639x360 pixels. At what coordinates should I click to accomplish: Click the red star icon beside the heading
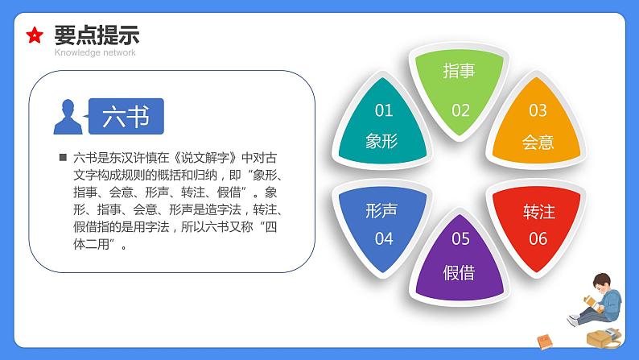coord(35,35)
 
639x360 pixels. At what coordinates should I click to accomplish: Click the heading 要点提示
coord(96,35)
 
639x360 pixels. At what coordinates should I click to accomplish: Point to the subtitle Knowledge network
coord(95,52)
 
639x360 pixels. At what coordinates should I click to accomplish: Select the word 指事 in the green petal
coord(460,71)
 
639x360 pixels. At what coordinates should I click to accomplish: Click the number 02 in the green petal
coord(460,110)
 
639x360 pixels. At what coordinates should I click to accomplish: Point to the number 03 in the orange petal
coord(538,110)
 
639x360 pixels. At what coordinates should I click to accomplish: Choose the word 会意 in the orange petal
coord(538,143)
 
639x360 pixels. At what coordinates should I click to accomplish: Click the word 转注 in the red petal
coord(538,212)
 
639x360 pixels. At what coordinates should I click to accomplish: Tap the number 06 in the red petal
coord(538,238)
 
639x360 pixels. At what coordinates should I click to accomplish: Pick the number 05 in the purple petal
coord(460,238)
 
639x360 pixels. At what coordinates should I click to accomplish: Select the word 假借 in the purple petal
coord(460,272)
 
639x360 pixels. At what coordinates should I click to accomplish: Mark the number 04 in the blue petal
coord(383,238)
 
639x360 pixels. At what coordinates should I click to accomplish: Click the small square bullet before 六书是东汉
coord(62,158)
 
